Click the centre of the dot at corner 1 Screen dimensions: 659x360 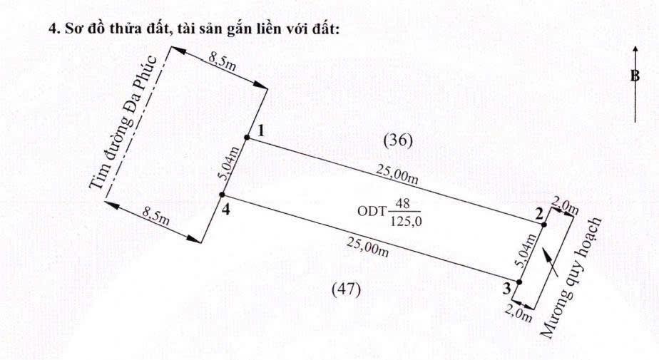pos(247,138)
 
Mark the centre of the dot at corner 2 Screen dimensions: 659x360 pos(544,225)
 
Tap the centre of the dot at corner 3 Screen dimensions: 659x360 pos(519,282)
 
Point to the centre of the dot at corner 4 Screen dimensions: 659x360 pos(223,195)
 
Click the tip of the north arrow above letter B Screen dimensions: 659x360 pos(635,46)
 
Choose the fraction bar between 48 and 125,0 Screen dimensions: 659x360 pos(404,211)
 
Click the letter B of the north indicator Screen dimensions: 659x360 pos(635,76)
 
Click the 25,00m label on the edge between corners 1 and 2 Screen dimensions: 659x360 pos(397,174)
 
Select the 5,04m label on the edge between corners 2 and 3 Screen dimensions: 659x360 pos(526,251)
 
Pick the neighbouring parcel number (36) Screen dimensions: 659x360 pos(399,140)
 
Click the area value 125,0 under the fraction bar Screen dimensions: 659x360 pos(406,220)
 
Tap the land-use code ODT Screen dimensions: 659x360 pos(372,210)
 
